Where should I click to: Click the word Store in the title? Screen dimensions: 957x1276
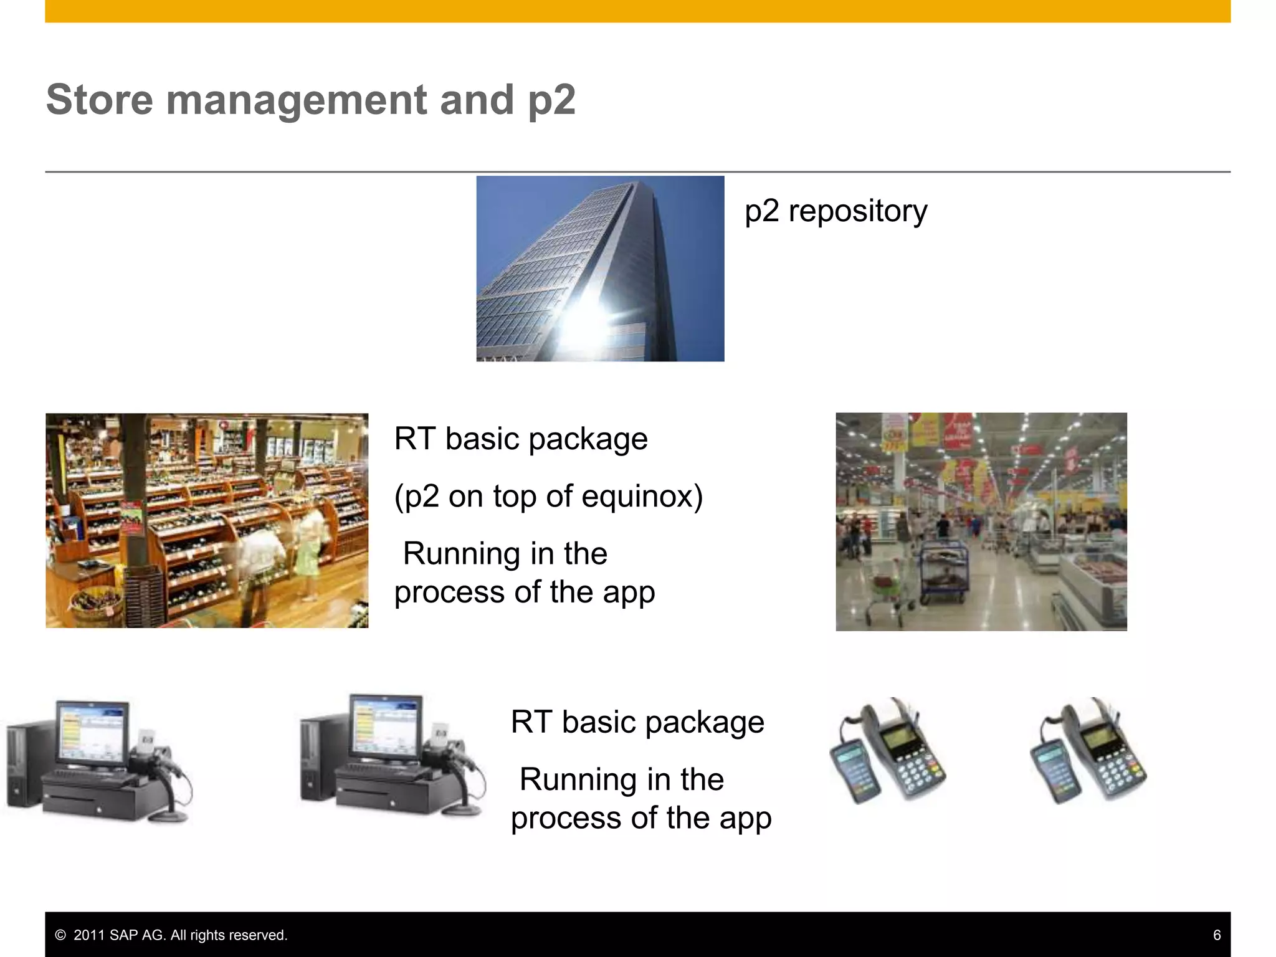100,100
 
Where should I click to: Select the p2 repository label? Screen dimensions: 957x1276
836,211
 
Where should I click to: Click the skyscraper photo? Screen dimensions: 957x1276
600,268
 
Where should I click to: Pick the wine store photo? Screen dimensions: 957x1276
206,520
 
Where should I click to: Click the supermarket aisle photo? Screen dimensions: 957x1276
981,521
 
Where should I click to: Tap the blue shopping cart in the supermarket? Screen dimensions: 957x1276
945,570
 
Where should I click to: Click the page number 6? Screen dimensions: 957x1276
1216,935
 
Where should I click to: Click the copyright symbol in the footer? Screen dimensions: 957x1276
60,935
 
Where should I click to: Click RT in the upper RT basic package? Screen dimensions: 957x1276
414,439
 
